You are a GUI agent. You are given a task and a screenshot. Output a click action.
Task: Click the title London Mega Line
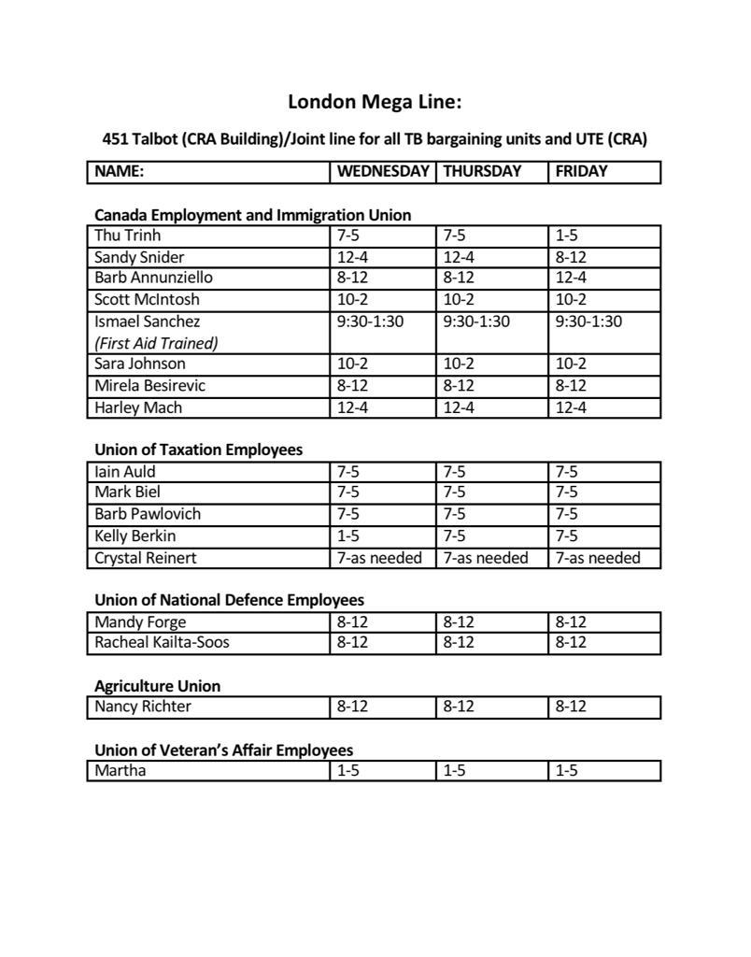click(x=375, y=101)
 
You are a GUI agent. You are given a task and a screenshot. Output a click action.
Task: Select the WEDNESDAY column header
click(x=383, y=171)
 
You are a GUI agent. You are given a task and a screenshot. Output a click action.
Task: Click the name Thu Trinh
click(x=127, y=236)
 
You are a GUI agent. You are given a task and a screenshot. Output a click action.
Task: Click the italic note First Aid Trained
click(x=156, y=343)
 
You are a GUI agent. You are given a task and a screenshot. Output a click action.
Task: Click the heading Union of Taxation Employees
click(x=198, y=450)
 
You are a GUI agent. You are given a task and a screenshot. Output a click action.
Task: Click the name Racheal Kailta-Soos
click(x=162, y=642)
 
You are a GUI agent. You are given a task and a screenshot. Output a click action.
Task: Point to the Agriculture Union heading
click(x=157, y=686)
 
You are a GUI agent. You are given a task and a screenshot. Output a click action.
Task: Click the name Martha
click(x=120, y=771)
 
